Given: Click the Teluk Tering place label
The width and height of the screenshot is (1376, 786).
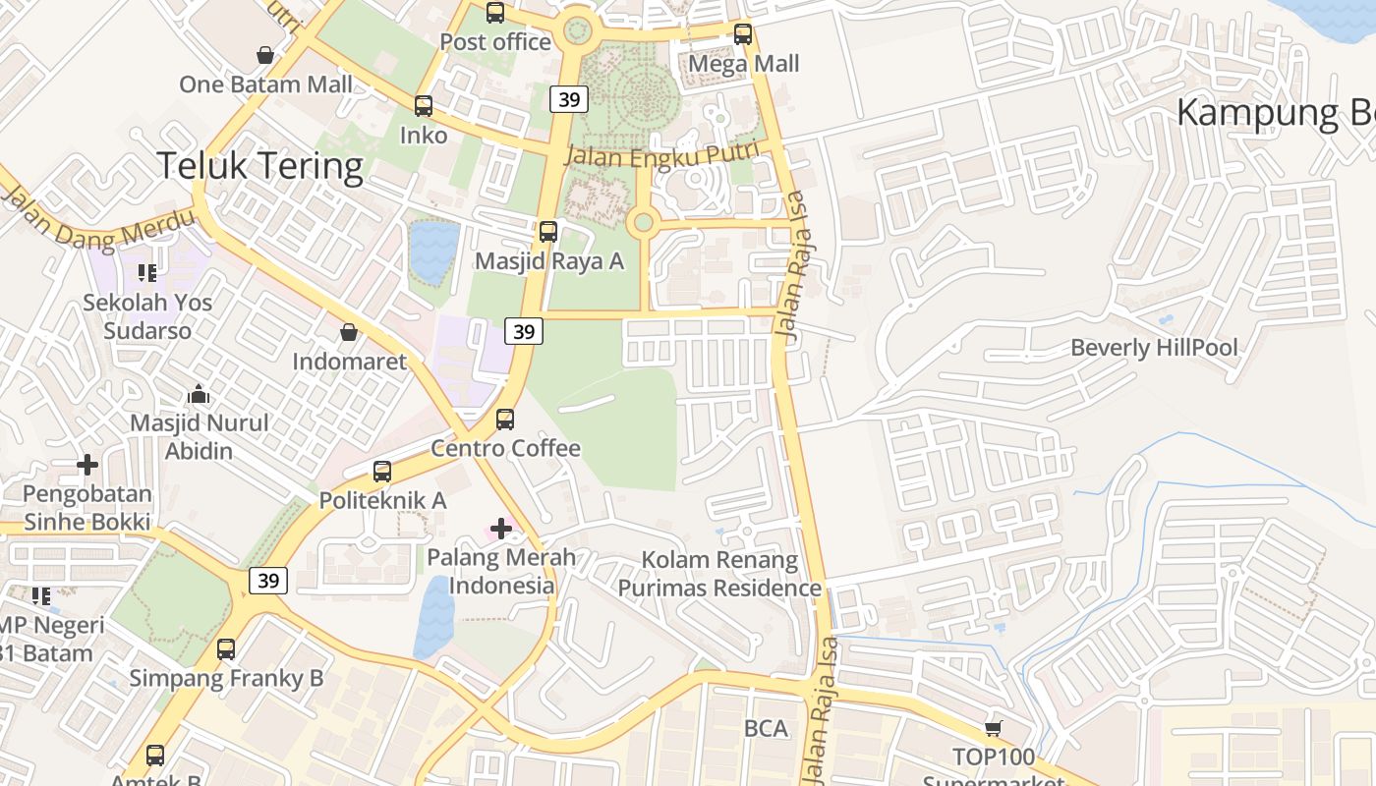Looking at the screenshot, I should [x=259, y=166].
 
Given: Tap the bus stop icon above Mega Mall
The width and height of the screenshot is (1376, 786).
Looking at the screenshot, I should [x=743, y=34].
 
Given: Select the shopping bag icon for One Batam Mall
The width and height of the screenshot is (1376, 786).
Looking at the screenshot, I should [x=264, y=54].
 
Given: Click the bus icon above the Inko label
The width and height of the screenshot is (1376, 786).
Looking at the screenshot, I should [x=424, y=106].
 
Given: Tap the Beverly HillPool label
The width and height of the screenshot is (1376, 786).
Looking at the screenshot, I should [x=1154, y=348].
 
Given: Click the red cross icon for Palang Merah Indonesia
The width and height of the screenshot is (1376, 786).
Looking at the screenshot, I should [x=501, y=529].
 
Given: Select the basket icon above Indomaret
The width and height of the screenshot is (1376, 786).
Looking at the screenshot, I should [x=349, y=333].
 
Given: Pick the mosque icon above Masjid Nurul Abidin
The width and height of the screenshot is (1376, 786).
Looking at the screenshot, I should [x=199, y=395].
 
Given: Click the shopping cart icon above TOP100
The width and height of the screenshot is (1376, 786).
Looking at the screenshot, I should [x=994, y=728].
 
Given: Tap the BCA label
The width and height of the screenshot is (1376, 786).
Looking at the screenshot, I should [x=766, y=728].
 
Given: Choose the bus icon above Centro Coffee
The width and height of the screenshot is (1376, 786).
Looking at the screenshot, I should [x=505, y=420].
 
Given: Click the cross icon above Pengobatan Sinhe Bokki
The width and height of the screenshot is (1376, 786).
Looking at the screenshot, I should [x=87, y=464].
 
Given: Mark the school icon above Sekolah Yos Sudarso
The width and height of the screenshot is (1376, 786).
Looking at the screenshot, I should [x=147, y=272].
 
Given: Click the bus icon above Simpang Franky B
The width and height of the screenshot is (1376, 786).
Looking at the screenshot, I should [x=226, y=649].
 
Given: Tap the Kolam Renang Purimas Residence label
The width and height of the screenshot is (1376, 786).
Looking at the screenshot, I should [x=719, y=574].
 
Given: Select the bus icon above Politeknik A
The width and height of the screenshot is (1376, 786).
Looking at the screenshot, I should [x=382, y=472].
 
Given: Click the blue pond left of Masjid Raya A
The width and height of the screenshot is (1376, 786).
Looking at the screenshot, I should [x=433, y=252].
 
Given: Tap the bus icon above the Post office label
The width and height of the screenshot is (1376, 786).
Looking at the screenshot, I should [x=495, y=13].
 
